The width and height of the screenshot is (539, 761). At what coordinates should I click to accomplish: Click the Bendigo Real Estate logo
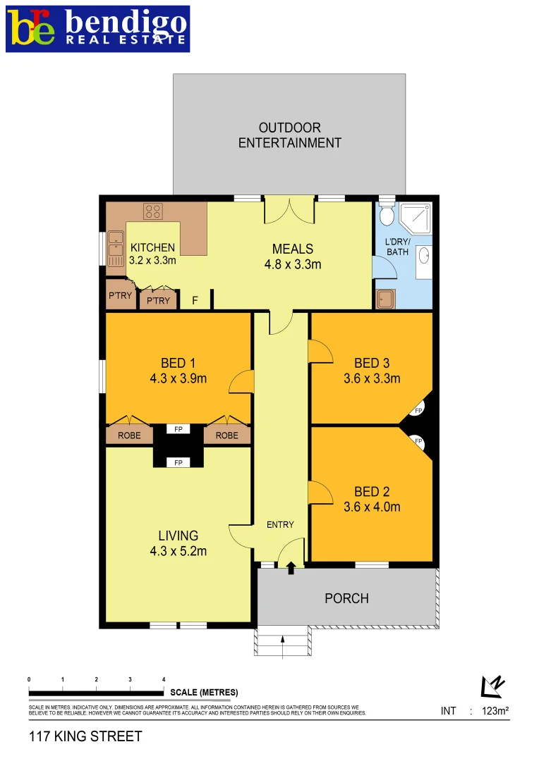coord(98,29)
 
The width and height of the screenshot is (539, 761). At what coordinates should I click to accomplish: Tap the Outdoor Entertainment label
coord(289,135)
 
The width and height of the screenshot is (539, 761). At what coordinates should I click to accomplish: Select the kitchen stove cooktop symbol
coord(153,211)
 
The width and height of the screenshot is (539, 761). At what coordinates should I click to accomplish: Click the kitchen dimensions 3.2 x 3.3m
coord(152,260)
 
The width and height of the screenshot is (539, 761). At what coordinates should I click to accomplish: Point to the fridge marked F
coord(195,300)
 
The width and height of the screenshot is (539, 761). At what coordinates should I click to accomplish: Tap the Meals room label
coord(293,249)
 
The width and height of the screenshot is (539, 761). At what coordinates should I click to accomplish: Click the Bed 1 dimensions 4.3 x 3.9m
coord(178,378)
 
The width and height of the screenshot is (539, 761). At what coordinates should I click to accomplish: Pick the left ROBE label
coord(129,435)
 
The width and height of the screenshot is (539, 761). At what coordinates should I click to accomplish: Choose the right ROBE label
coord(226,435)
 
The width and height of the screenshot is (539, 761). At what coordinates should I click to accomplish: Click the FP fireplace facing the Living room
coord(178,462)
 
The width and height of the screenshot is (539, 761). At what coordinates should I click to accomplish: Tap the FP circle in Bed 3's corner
coord(418,411)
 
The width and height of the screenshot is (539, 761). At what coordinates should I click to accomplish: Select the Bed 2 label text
coord(372,492)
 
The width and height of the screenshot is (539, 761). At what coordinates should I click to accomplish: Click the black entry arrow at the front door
coord(291,568)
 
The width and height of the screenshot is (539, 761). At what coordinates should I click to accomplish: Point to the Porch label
coord(346,598)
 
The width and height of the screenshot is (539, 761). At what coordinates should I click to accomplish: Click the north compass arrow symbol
coord(491,686)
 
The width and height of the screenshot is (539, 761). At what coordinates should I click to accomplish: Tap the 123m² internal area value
coord(495,711)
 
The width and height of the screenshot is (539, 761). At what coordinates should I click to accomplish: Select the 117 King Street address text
coord(85,737)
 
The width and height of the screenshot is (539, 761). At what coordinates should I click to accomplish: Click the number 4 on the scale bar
coord(164,679)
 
